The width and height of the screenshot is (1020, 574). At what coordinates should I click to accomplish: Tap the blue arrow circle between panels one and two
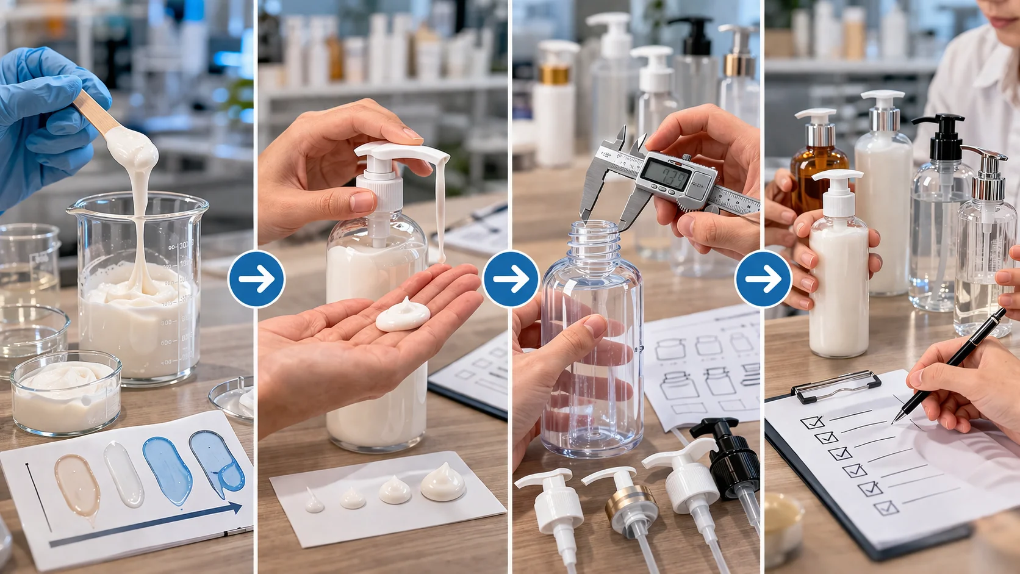pos(256,279)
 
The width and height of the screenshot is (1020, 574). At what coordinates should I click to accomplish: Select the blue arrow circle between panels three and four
pos(763,279)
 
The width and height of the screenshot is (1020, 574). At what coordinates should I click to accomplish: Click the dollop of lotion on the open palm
pos(403,315)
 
